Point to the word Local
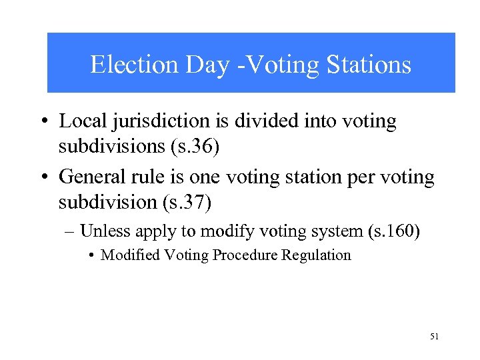79,121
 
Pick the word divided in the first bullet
259,121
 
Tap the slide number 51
435,337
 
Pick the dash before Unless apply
71,232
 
